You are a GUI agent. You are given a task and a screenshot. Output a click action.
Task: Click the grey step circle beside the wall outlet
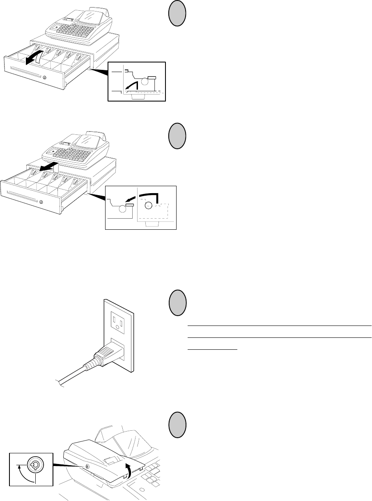tap(177, 303)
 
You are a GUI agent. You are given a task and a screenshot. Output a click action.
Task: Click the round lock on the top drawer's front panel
tap(45, 78)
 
